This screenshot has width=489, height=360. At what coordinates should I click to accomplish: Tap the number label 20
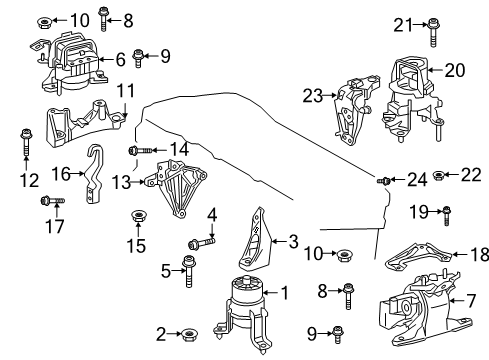455,70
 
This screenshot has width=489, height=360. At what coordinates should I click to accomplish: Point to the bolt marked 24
383,180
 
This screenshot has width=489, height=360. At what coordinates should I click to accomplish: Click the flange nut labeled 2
187,334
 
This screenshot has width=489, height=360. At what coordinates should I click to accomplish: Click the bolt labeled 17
51,202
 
